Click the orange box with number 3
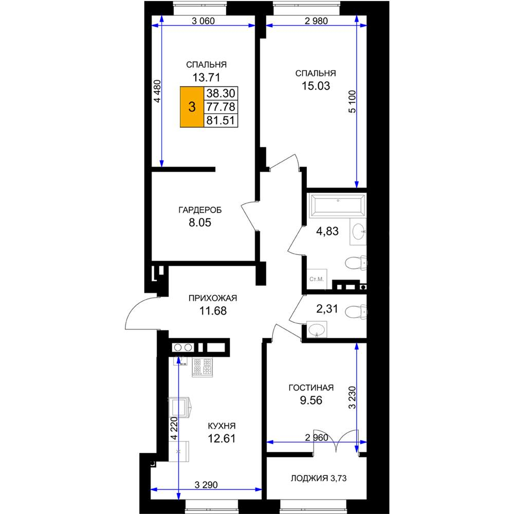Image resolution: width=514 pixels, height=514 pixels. [x=192, y=107]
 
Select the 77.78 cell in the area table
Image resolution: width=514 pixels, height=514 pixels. [x=221, y=107]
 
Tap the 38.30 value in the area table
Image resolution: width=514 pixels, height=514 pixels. [x=221, y=94]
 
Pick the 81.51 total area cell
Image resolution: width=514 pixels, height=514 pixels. [x=221, y=120]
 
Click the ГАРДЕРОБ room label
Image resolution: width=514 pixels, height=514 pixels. [x=200, y=210]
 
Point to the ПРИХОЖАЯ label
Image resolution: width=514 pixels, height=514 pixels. [x=213, y=298]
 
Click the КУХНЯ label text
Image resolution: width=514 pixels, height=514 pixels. [x=222, y=426]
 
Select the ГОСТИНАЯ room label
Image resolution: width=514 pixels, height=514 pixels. [x=311, y=388]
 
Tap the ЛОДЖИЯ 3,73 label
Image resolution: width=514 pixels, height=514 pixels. [x=319, y=478]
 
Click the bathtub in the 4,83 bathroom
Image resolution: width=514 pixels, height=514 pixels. [x=338, y=206]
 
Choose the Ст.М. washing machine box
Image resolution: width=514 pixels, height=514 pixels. [x=317, y=279]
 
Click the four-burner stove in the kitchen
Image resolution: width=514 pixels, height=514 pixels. [x=202, y=367]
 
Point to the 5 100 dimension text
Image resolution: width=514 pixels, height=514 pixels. [x=352, y=102]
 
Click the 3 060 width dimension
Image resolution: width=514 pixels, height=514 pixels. [x=203, y=21]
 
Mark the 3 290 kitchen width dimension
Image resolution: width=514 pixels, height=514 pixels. [x=206, y=485]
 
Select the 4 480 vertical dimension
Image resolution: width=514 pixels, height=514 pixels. [x=158, y=91]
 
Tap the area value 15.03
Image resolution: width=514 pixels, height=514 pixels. [x=316, y=86]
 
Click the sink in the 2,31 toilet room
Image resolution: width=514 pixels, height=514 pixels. [x=317, y=329]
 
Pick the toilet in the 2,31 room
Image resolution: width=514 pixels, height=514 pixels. [x=356, y=312]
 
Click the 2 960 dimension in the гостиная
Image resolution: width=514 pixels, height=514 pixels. [x=317, y=437]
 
